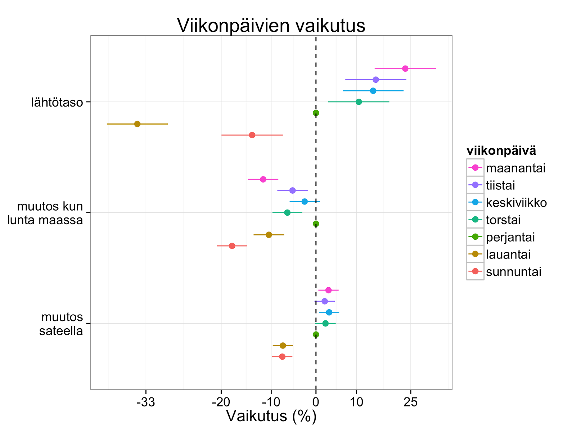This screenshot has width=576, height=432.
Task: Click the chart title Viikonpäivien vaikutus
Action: coord(271,26)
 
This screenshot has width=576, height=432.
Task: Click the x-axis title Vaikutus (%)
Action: coord(271,416)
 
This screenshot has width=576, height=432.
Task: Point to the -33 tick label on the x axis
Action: coord(146,402)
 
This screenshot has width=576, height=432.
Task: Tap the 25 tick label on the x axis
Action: coord(410,402)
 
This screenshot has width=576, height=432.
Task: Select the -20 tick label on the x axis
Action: coord(221,402)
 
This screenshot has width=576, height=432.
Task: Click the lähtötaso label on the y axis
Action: coord(57,103)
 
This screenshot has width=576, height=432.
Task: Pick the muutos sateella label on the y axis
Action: coord(61,324)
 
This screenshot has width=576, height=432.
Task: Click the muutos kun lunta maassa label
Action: coord(45,213)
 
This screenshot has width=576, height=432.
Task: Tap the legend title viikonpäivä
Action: coord(501,151)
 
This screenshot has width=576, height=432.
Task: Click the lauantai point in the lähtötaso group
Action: coord(137,124)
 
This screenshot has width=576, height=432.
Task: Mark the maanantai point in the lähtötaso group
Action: coord(405,68)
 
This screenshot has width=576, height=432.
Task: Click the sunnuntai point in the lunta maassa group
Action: coord(232,246)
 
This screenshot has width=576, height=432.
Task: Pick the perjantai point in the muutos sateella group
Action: coord(316,334)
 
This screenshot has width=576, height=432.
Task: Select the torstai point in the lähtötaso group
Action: coord(359,102)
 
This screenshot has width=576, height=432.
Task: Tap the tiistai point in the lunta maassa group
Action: coord(292,190)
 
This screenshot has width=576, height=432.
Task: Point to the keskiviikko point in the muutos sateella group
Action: coord(329,312)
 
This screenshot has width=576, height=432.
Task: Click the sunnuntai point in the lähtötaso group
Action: coord(252,135)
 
